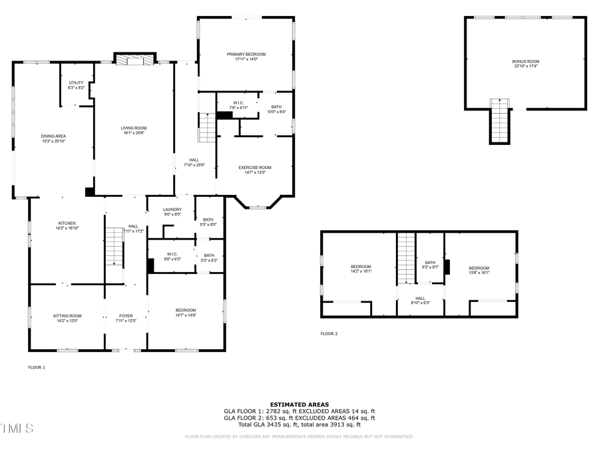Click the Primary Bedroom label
tap(246, 54)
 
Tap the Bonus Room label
tap(526, 61)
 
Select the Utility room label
tap(76, 82)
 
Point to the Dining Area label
tap(53, 136)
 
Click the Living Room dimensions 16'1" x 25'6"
tap(134, 132)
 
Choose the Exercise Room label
tap(256, 168)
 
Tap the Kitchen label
tap(67, 224)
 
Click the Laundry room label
tap(172, 210)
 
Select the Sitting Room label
tap(67, 316)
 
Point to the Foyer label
tap(126, 316)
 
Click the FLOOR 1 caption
tap(37, 367)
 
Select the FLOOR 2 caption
tap(329, 333)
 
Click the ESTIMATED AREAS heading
tap(299, 404)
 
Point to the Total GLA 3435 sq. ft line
tap(299, 424)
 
